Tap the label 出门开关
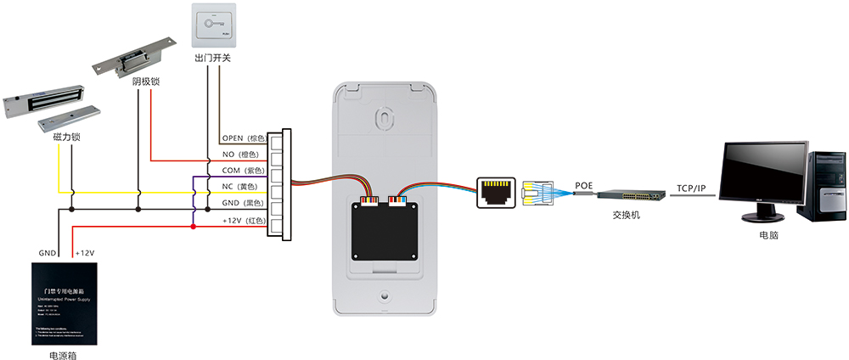[212, 59]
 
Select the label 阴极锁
[146, 82]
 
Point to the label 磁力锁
[66, 137]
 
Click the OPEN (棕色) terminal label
[245, 138]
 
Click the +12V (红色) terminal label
[245, 221]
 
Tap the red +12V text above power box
[86, 253]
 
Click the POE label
[585, 185]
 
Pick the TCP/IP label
[691, 188]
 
